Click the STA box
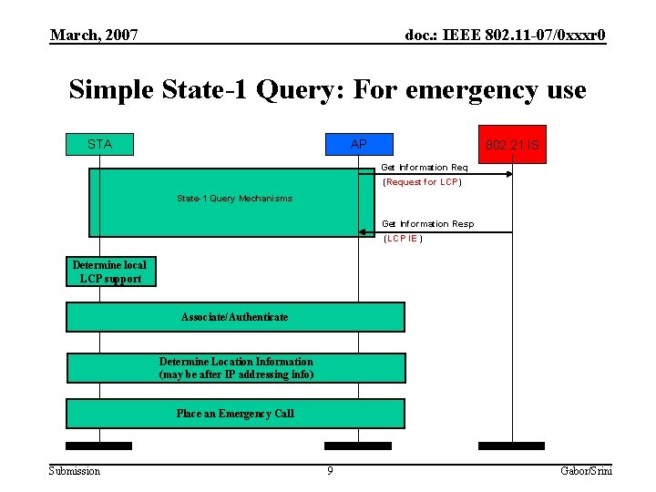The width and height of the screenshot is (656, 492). pyautogui.click(x=99, y=144)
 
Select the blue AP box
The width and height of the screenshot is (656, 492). pyautogui.click(x=359, y=144)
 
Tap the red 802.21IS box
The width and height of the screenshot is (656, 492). pyautogui.click(x=512, y=144)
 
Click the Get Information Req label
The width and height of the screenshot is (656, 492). pyautogui.click(x=424, y=168)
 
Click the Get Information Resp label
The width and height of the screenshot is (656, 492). pyautogui.click(x=427, y=224)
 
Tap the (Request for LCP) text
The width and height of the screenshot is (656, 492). pyautogui.click(x=422, y=182)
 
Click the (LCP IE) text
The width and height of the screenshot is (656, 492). pyautogui.click(x=402, y=239)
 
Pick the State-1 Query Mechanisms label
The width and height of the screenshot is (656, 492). pyautogui.click(x=234, y=199)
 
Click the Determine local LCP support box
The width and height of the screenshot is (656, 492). pyautogui.click(x=110, y=272)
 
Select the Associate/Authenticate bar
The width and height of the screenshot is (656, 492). pyautogui.click(x=234, y=317)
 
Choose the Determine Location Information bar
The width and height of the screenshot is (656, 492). pyautogui.click(x=235, y=368)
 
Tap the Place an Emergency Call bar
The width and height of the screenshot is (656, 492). pyautogui.click(x=235, y=414)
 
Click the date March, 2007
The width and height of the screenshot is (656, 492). pyautogui.click(x=94, y=36)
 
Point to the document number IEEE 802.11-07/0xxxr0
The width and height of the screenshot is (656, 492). pyautogui.click(x=505, y=36)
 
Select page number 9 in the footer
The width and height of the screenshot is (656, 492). pyautogui.click(x=330, y=470)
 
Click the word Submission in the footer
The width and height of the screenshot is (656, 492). pyautogui.click(x=75, y=470)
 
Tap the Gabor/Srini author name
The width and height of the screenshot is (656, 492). pyautogui.click(x=587, y=470)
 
